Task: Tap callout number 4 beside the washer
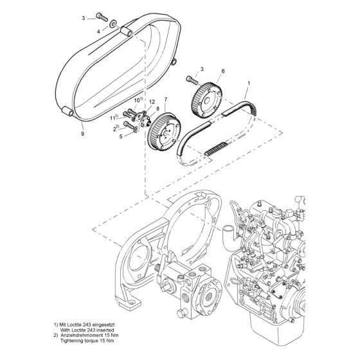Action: coord(98,30)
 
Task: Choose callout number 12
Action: coord(152,103)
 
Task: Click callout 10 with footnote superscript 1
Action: coord(138,101)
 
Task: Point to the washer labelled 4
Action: coord(114,24)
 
